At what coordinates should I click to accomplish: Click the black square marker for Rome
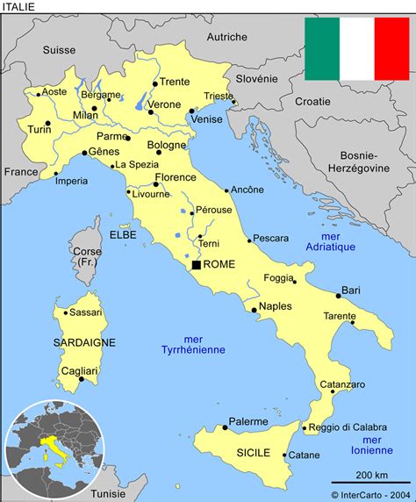point(196,264)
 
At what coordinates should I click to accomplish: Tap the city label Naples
point(276,306)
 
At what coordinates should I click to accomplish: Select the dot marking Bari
point(338,296)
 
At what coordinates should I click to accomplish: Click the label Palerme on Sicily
point(248,422)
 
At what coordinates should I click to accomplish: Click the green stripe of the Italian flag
point(322,48)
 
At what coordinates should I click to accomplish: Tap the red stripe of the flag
point(391,48)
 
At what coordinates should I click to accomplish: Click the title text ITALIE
point(20,7)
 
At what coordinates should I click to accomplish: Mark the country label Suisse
point(59,51)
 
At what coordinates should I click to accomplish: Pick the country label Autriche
point(226,37)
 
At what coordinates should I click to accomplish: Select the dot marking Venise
point(192,111)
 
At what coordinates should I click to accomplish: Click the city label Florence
point(175,177)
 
